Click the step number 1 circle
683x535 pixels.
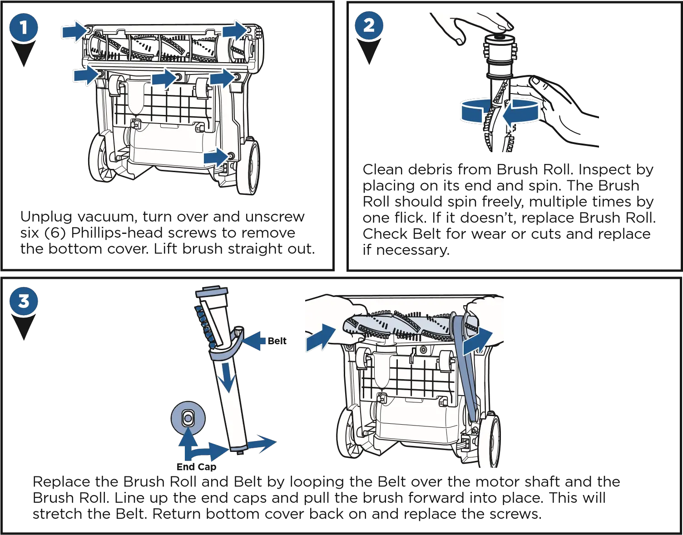point(24,27)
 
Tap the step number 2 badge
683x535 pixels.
point(369,25)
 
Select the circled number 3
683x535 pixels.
point(23,301)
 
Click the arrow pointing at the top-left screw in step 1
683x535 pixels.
point(74,31)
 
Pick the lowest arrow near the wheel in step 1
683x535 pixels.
point(216,157)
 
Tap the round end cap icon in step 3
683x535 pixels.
point(188,416)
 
